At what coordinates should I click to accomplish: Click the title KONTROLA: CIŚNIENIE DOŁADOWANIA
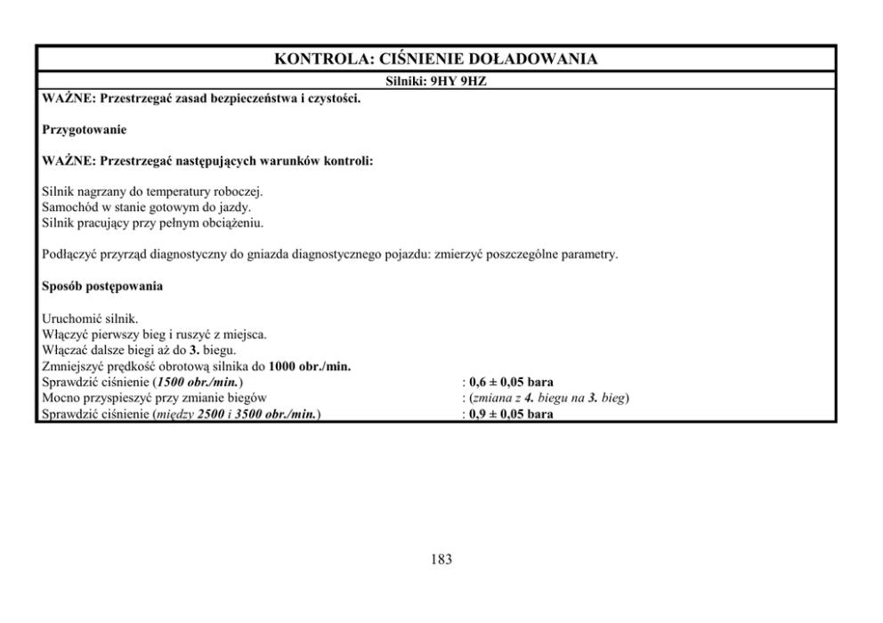pyautogui.click(x=435, y=60)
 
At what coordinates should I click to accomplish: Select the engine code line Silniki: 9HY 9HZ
pyautogui.click(x=435, y=80)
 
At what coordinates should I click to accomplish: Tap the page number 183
pyautogui.click(x=441, y=560)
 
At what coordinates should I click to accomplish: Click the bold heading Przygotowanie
pyautogui.click(x=85, y=130)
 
